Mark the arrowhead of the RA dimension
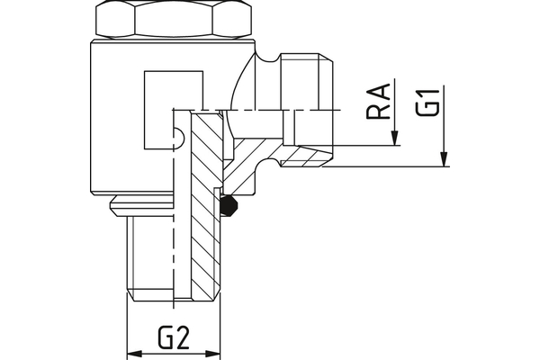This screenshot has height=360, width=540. [x=394, y=140]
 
